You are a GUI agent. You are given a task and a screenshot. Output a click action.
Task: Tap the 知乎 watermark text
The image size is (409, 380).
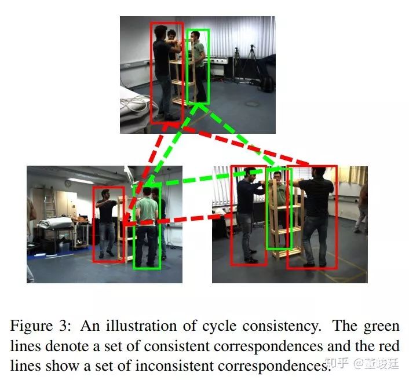[x=338, y=364]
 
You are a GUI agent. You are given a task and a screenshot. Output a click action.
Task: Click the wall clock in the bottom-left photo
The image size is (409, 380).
[x=68, y=183]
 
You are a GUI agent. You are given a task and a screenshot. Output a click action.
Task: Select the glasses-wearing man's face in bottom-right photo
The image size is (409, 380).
[x=279, y=177]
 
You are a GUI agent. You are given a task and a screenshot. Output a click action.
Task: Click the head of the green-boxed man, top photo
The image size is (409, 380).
[x=198, y=37]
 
